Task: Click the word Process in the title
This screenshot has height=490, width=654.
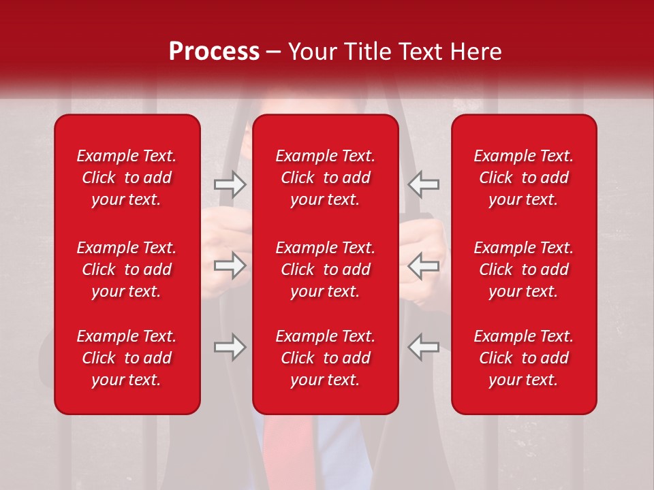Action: [x=214, y=52]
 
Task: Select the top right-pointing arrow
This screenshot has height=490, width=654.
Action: [x=230, y=184]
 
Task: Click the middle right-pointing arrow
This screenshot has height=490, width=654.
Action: [x=230, y=265]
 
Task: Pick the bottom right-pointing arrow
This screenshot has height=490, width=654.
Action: [x=230, y=347]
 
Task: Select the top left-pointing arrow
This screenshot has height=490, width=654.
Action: [x=424, y=184]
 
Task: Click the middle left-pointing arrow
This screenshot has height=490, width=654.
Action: [x=424, y=265]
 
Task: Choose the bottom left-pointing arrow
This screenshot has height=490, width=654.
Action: [x=424, y=347]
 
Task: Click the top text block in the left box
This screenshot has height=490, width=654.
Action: [x=127, y=178]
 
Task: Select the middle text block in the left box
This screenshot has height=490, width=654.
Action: [x=127, y=269]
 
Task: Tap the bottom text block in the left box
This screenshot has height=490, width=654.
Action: [x=127, y=358]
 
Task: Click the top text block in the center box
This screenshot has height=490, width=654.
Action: [x=326, y=178]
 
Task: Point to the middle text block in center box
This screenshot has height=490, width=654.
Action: [x=326, y=269]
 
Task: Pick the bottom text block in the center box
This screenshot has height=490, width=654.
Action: [x=326, y=358]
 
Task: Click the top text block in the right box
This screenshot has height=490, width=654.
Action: [x=524, y=178]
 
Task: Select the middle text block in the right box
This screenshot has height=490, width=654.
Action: [x=524, y=269]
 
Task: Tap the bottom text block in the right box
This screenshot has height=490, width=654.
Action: [x=524, y=358]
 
